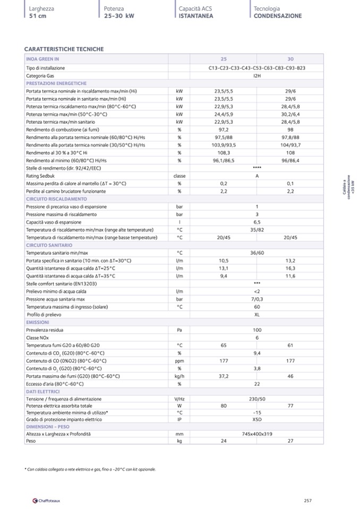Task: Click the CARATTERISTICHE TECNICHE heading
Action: click(x=64, y=49)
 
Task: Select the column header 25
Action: click(x=224, y=59)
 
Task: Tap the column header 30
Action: click(x=290, y=59)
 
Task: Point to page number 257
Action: click(x=307, y=500)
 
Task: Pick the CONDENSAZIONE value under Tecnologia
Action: click(x=278, y=16)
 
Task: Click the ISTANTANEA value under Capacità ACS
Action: click(x=196, y=16)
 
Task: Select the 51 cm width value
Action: click(x=38, y=16)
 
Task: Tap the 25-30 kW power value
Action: click(x=119, y=16)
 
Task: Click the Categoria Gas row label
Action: click(x=40, y=76)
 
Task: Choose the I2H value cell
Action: click(x=257, y=76)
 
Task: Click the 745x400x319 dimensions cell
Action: click(x=257, y=434)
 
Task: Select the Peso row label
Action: click(x=31, y=441)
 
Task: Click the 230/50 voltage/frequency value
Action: click(x=257, y=399)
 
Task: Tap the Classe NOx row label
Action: click(x=38, y=338)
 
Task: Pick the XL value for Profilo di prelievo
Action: click(x=257, y=315)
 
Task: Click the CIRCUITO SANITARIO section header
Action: click(x=49, y=246)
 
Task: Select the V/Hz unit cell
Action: click(x=179, y=399)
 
